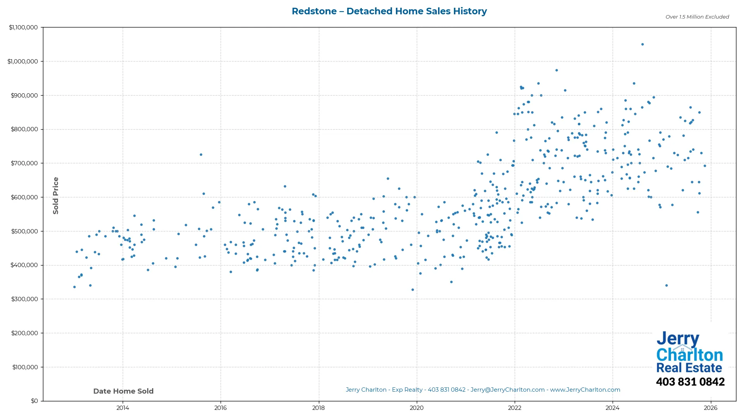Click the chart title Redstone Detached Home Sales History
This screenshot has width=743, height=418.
389,11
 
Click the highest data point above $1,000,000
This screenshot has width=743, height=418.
642,45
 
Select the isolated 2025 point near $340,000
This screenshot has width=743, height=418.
666,286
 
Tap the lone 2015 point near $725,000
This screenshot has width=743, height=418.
201,155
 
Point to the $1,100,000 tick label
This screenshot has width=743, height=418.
23,27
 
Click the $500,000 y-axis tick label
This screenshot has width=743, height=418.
24,231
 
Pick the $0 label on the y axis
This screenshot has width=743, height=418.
34,401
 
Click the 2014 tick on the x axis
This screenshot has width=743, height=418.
123,408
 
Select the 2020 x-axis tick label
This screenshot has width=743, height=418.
416,408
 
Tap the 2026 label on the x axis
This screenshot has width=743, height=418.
710,408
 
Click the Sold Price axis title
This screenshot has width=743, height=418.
56,195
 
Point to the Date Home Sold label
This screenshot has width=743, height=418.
123,391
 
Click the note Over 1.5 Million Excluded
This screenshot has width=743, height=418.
697,17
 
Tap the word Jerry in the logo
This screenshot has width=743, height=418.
678,339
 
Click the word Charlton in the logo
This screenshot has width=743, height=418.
689,355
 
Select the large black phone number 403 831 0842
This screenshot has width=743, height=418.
690,382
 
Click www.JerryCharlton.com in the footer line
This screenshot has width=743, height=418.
585,390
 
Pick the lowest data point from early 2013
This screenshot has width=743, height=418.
74,287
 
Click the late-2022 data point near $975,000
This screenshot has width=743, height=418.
556,70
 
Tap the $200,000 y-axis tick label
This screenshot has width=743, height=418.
24,333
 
